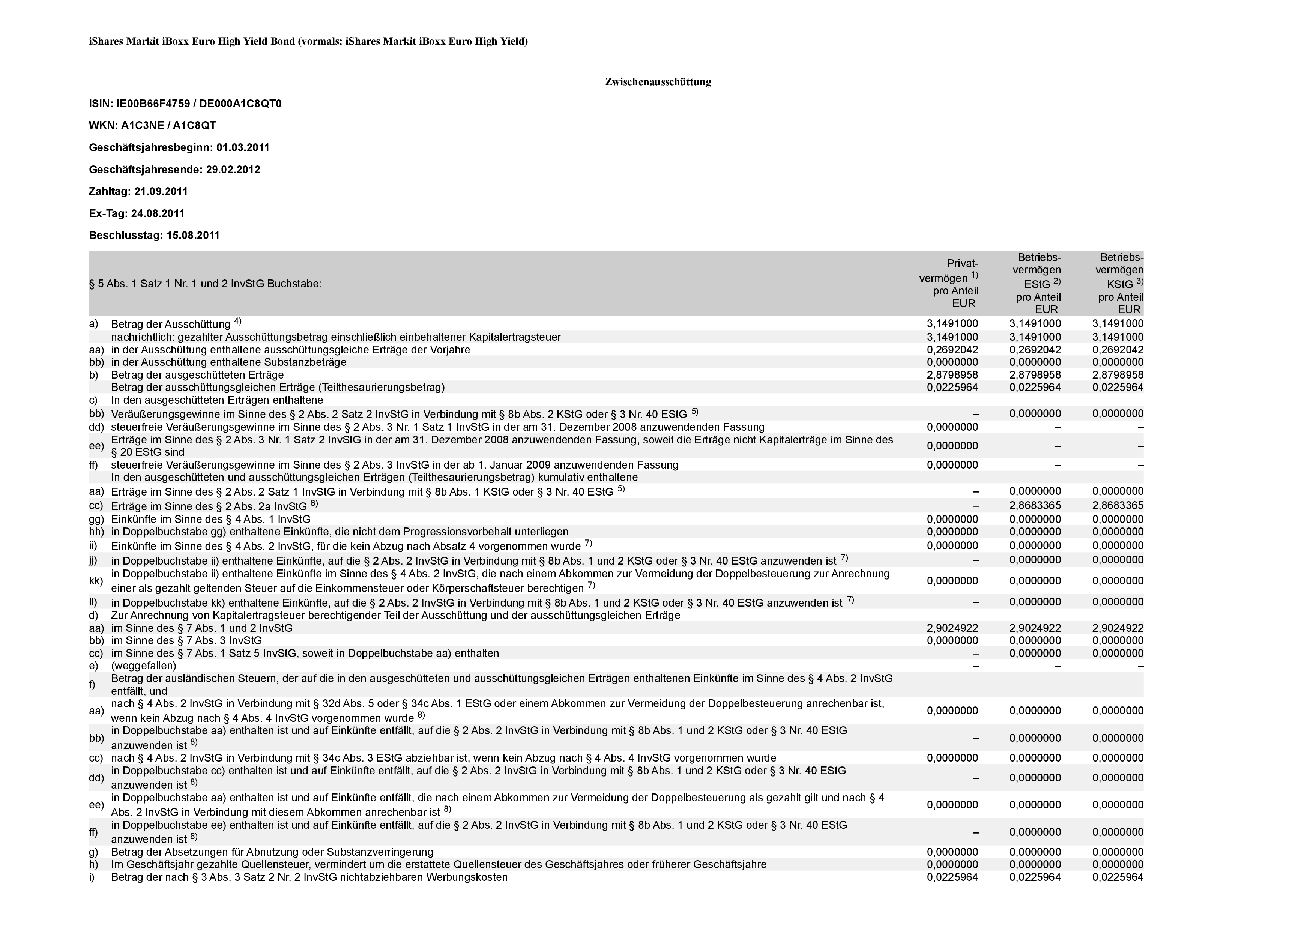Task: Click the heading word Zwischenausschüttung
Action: pyautogui.click(x=658, y=82)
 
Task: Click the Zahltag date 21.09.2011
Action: pyautogui.click(x=161, y=191)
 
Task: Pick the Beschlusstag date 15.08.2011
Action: pyautogui.click(x=193, y=236)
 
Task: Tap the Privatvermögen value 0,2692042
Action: pyautogui.click(x=952, y=350)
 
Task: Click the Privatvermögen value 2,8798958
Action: pyautogui.click(x=952, y=375)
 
